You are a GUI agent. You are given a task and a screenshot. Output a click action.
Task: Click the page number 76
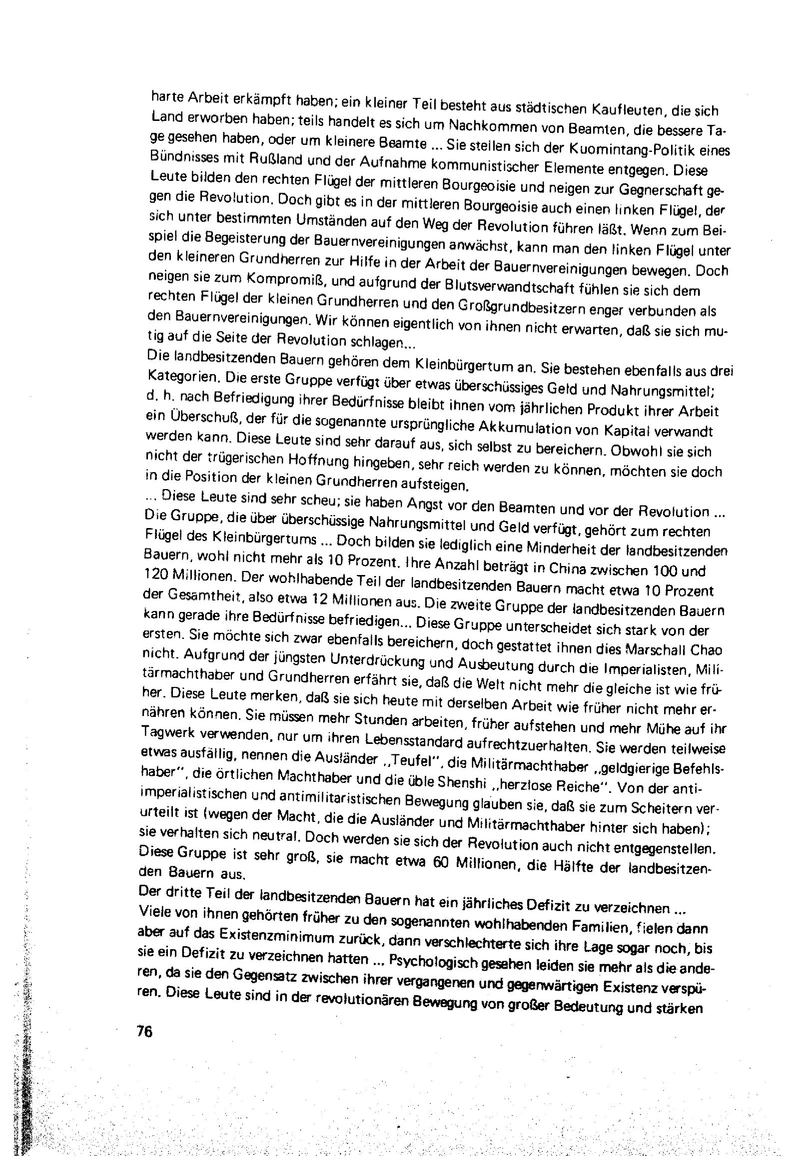pos(144,1030)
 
